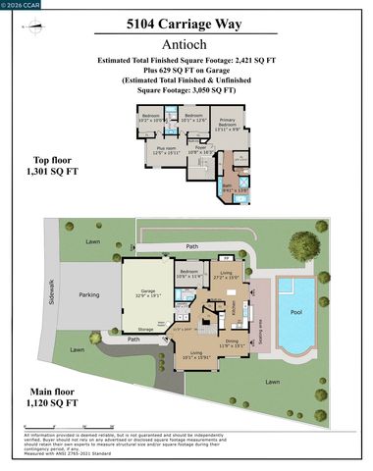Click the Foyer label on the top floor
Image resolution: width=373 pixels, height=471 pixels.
pyautogui.click(x=200, y=149)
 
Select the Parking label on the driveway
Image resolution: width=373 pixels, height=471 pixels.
pyautogui.click(x=89, y=294)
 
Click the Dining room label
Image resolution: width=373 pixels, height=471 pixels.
pyautogui.click(x=232, y=342)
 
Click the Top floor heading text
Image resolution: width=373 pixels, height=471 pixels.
pyautogui.click(x=43, y=166)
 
